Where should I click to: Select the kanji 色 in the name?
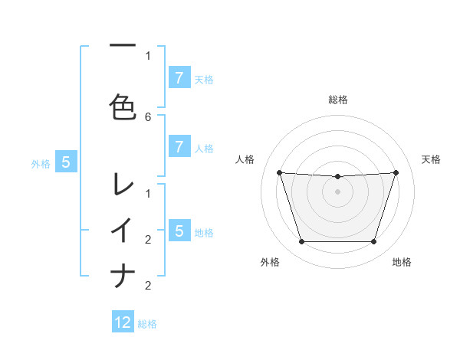[x=123, y=106]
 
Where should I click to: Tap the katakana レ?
[x=123, y=183]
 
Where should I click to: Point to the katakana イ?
[x=123, y=229]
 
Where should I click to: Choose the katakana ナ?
[x=123, y=275]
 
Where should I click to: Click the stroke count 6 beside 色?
[x=148, y=116]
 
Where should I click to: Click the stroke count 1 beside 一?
[x=148, y=55]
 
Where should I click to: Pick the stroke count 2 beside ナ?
[x=148, y=286]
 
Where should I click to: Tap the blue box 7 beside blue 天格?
[x=179, y=77]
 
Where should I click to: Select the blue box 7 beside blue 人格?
[x=179, y=146]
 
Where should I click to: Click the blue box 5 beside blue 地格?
[x=179, y=231]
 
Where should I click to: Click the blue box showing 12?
[x=123, y=322]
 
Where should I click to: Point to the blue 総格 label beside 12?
[x=147, y=324]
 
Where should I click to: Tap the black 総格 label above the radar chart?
[x=337, y=100]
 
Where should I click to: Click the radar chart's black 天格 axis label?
[x=432, y=159]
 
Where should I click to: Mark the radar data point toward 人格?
[x=279, y=172]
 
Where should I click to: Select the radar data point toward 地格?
[x=373, y=242]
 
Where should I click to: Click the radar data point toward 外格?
[x=301, y=242]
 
